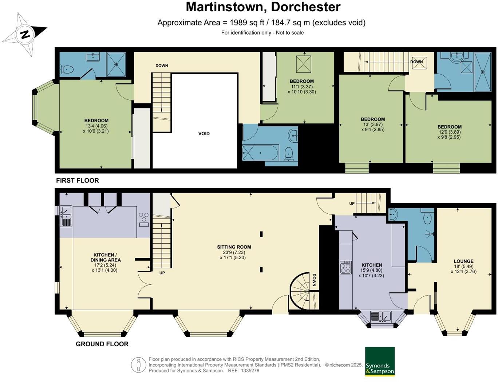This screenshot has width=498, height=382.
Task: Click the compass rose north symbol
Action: tap(24, 35)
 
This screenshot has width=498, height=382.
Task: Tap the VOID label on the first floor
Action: tap(204, 134)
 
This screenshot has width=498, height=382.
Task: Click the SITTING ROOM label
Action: tap(234, 247)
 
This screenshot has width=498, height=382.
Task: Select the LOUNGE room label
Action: tap(463, 261)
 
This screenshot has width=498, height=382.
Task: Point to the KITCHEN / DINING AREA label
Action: tap(106, 257)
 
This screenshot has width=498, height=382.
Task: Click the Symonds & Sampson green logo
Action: tap(380, 361)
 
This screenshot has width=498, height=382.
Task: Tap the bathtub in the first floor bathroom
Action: tap(260, 153)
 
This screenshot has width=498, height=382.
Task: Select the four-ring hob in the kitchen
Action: tap(345, 267)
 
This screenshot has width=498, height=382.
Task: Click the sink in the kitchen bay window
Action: tap(381, 316)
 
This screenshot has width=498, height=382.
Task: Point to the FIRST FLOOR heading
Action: tap(78, 181)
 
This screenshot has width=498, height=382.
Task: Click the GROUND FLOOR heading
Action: tap(102, 344)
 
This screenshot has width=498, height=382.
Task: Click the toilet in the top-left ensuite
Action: tap(67, 69)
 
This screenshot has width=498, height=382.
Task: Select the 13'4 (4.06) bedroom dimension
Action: tap(96, 126)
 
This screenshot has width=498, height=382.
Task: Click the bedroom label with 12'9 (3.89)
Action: tap(449, 127)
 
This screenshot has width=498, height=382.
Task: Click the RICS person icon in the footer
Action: tap(138, 365)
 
